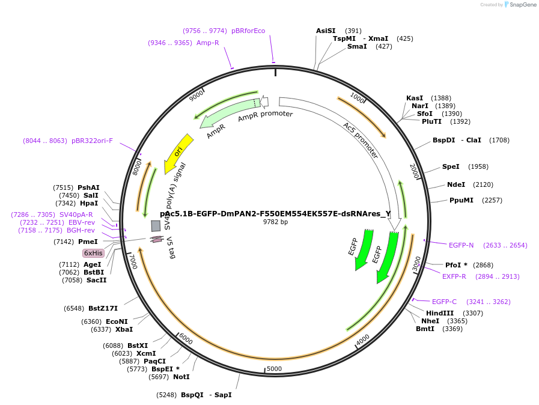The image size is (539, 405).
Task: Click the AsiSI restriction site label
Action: [326, 31]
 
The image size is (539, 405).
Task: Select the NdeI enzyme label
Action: [455, 184]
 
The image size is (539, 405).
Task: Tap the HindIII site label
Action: [440, 313]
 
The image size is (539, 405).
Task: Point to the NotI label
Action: [181, 377]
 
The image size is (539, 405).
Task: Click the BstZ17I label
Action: [103, 308]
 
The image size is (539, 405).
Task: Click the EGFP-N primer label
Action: [461, 245]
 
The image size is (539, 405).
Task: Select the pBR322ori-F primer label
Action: [92, 141]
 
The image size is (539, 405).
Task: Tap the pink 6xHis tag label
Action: [93, 253]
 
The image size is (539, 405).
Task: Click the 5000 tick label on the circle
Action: [274, 368]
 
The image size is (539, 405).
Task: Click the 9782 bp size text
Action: [275, 222]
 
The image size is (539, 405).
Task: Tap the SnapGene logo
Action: [520, 5]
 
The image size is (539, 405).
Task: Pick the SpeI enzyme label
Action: [451, 166]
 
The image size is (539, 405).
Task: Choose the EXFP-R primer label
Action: [454, 276]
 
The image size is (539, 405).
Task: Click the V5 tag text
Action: [171, 248]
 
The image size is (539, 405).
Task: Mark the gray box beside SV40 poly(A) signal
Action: [156, 225]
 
